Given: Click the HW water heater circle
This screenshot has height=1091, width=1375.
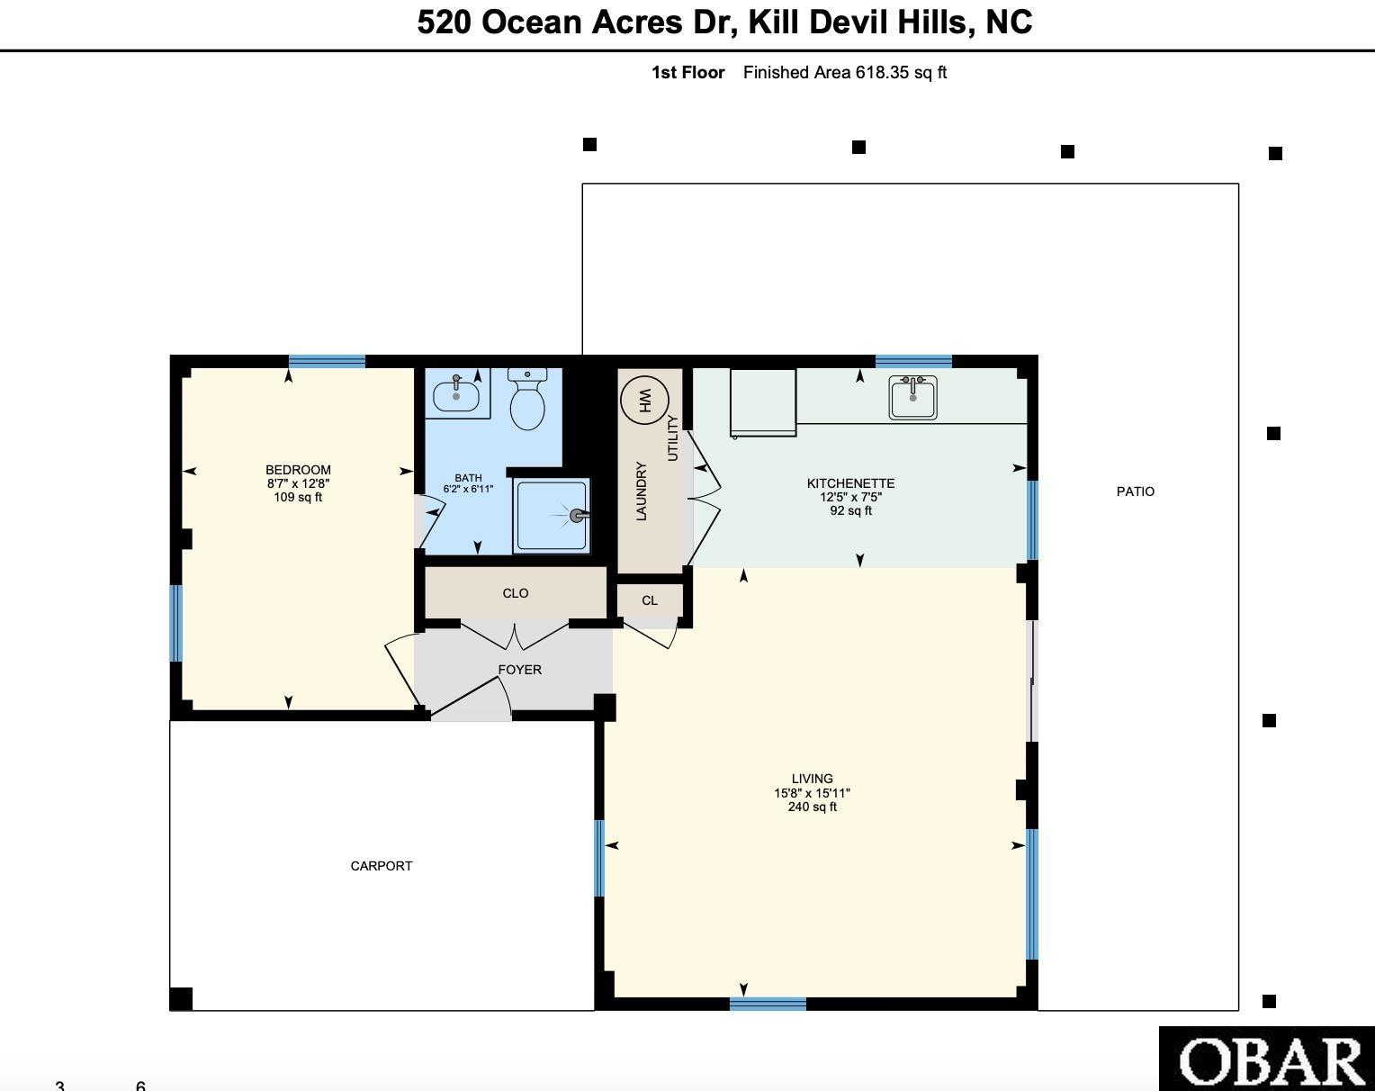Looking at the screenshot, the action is pos(644,400).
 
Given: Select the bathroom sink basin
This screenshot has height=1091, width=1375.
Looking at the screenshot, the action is pos(456,395).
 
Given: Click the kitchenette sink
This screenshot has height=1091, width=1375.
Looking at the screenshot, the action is pos(913,398).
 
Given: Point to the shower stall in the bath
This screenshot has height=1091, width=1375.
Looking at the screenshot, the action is pos(552,515).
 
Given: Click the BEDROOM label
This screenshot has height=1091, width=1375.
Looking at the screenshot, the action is pos(299,470).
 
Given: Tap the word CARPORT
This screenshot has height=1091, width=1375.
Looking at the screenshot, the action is pos(382,866).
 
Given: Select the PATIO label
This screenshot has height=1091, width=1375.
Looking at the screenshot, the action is pos(1136,491).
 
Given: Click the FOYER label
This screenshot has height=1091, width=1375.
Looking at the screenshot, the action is pos(520,670).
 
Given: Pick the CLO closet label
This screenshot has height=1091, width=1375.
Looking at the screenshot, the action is pos(516,593).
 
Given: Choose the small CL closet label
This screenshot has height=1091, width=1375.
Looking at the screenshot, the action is pos(650,600).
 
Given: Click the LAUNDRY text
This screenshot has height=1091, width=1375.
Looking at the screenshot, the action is pos(643,491).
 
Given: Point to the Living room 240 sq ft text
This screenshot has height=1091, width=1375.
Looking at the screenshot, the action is pos(812,807).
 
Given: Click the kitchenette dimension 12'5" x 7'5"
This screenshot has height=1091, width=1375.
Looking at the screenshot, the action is pos(851,497).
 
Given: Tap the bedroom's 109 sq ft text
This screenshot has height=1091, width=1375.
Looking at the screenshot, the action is pos(299,497).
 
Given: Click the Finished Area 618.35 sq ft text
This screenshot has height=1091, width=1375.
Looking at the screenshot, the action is pos(845,73).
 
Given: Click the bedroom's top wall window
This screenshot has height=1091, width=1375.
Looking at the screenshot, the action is pos(328,361).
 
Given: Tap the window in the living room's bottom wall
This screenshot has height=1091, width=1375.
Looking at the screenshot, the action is pos(768,1004).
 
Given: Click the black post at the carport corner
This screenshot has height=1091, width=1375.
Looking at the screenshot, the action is pos(181,999).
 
